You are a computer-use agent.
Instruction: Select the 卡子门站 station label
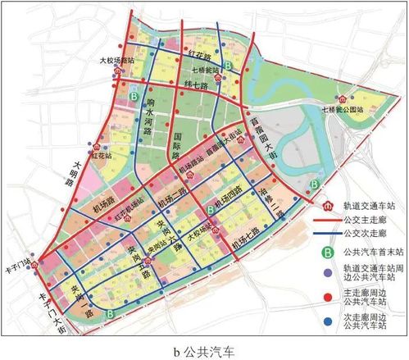point(39,264)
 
